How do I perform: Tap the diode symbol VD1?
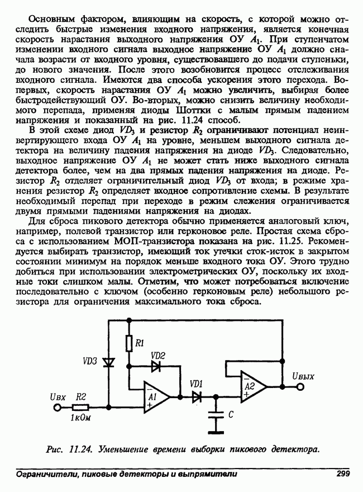tap(197, 396)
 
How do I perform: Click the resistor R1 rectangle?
tap(129, 343)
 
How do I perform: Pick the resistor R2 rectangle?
tap(82, 407)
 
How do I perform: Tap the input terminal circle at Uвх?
tap(56, 407)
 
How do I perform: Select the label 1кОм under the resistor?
tap(80, 418)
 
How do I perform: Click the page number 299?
tap(342, 474)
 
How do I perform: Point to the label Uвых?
tap(302, 376)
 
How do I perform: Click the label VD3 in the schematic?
tap(90, 361)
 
